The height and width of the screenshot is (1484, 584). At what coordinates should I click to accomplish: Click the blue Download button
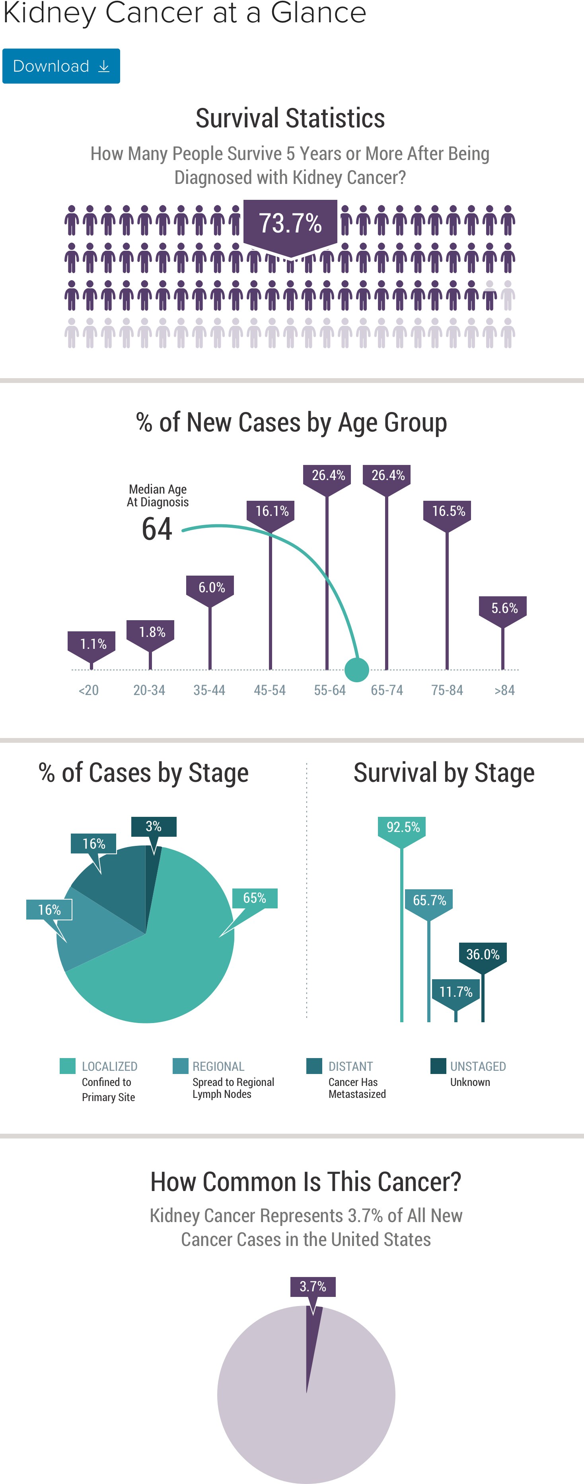point(61,66)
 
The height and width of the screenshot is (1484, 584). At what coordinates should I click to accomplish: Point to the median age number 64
point(157,529)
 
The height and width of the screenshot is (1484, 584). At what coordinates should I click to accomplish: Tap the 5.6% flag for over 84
point(503,611)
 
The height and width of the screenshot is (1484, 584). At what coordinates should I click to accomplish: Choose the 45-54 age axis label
point(270,690)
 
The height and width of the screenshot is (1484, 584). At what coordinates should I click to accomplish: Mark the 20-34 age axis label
point(149,690)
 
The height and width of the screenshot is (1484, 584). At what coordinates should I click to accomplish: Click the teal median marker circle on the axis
point(356,670)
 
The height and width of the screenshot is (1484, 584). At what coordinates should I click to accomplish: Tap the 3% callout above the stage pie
point(153,827)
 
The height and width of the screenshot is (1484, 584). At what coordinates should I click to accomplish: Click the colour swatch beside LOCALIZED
point(67,1066)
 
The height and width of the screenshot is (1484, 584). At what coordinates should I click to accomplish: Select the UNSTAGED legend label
point(478,1066)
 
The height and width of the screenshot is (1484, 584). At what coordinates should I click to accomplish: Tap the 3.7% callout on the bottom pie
point(313,1288)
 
